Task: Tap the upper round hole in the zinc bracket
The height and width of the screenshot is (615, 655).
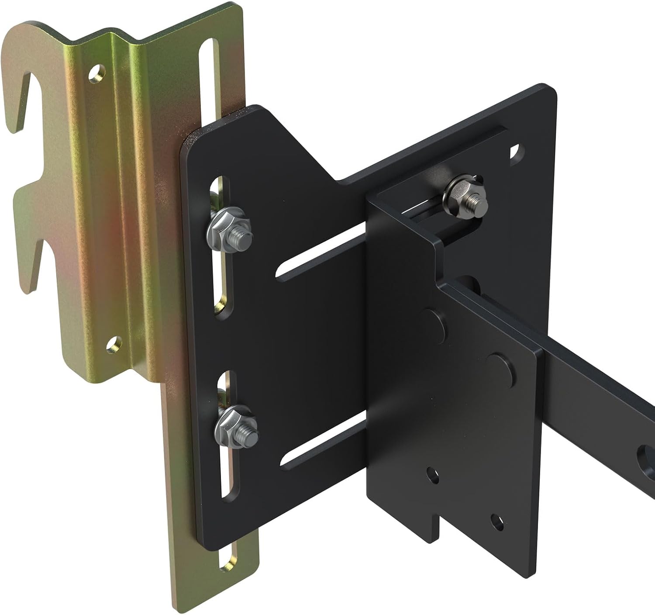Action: pyautogui.click(x=97, y=74)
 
